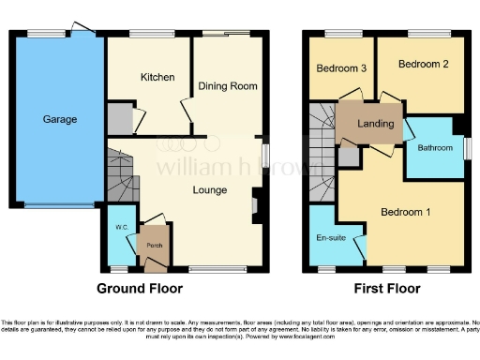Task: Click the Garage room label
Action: tap(59, 119)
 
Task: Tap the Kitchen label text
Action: tap(157, 77)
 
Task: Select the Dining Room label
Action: tap(228, 86)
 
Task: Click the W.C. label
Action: tap(121, 228)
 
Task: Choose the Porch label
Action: tap(153, 247)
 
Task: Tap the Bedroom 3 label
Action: tap(340, 68)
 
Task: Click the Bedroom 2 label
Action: tap(419, 64)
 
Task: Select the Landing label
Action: tap(376, 124)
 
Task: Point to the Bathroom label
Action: tap(435, 147)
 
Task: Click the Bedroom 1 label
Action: tap(405, 212)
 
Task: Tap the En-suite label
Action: tap(330, 238)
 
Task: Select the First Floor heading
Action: tap(387, 289)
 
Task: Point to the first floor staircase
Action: tap(322, 141)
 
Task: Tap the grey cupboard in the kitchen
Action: tap(119, 120)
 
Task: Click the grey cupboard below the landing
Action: tap(348, 157)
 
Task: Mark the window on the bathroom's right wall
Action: tap(466, 148)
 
